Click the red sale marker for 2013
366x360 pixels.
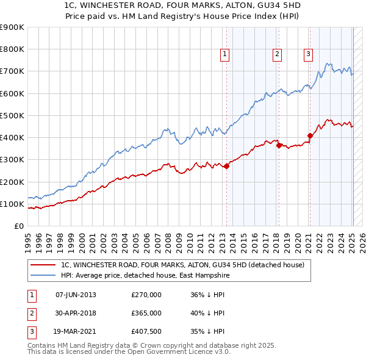[226, 166]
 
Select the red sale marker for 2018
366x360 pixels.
[279, 145]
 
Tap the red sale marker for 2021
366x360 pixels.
[310, 135]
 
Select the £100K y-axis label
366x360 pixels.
[12, 204]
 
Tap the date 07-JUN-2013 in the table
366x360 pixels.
[76, 295]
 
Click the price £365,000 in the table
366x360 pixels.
[146, 313]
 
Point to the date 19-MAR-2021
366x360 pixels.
[76, 331]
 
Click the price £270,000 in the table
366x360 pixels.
[146, 295]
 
